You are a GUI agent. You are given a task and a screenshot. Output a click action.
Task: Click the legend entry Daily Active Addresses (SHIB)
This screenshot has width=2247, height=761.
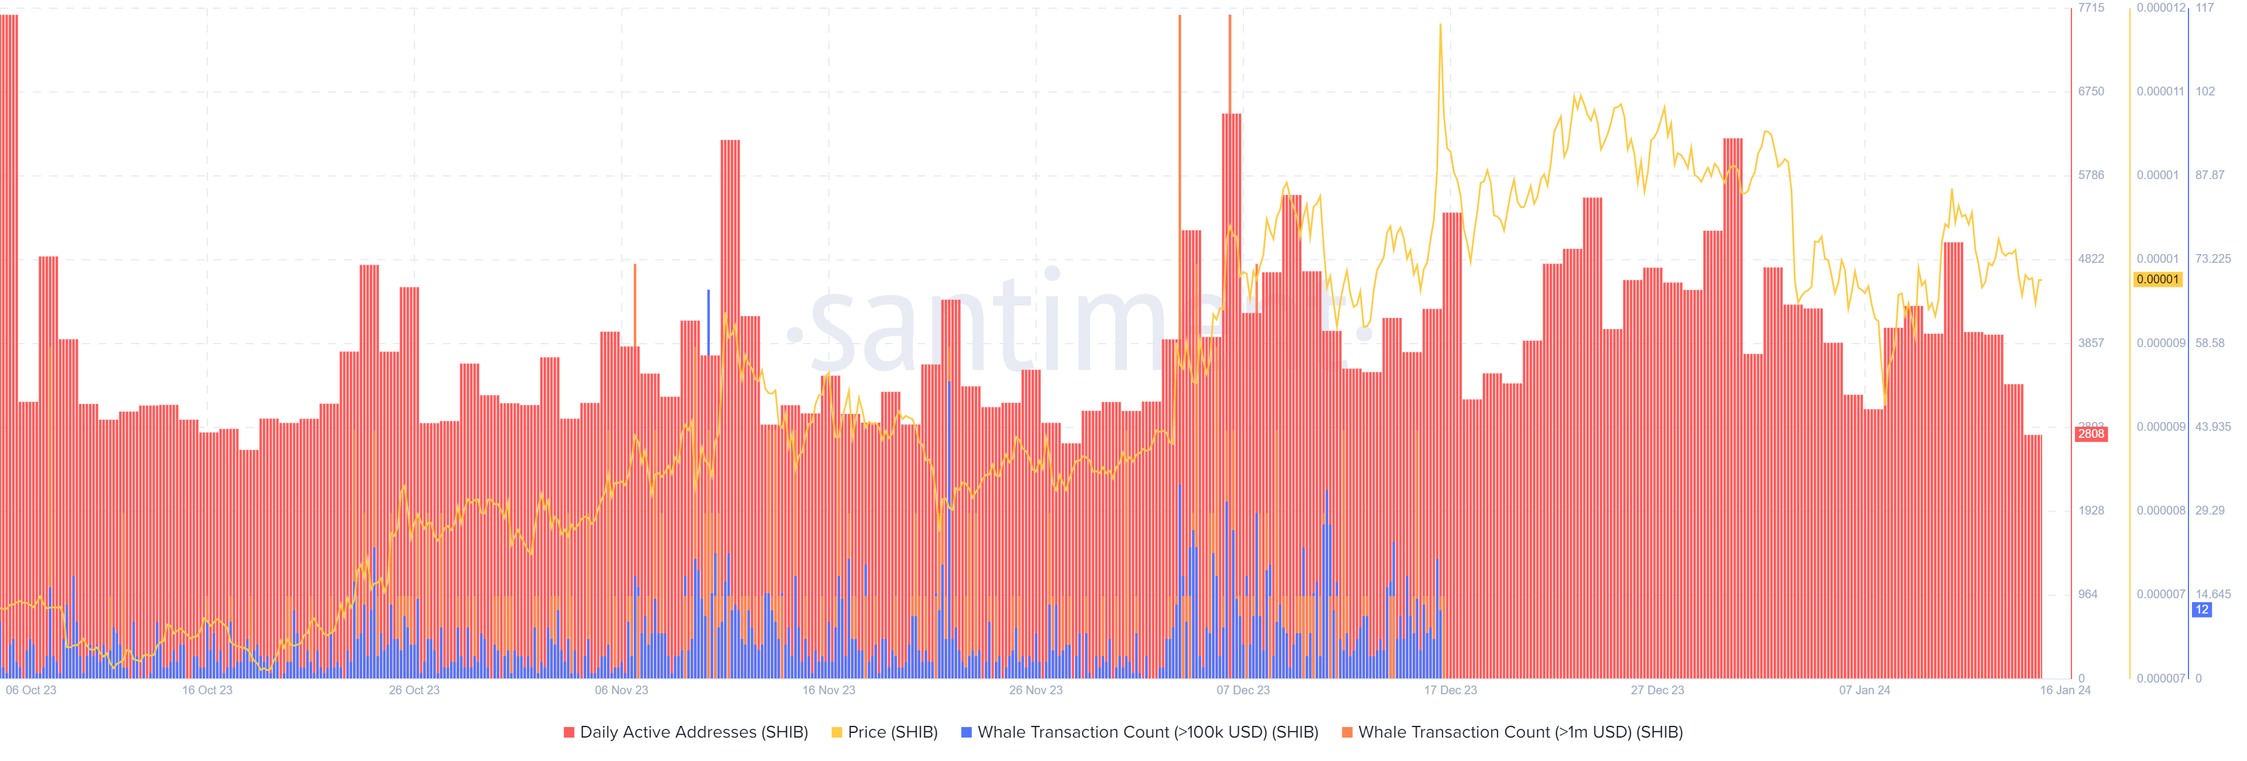pos(686,732)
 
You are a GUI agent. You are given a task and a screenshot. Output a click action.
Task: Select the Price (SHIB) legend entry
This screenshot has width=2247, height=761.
pos(885,732)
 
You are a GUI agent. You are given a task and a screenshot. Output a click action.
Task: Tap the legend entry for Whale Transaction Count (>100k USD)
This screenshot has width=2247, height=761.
pos(1139,732)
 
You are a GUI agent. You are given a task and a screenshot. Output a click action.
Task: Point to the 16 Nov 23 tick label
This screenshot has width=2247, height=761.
pos(829,690)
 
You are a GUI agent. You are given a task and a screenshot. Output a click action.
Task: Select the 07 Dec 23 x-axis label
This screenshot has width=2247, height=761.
pos(1243,690)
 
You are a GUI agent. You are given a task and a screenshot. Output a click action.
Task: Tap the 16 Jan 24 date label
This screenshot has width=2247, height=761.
pos(2064,690)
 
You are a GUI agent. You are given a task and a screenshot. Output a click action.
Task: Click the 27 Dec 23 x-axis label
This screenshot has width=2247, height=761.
pos(1657,690)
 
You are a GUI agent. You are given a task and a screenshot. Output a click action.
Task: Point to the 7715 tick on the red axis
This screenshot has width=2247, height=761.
pos(2091,8)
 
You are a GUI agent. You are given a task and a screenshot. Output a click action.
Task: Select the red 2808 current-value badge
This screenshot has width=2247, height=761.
pos(2091,434)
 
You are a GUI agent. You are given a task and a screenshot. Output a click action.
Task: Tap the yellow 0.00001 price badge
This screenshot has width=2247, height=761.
pos(2157,279)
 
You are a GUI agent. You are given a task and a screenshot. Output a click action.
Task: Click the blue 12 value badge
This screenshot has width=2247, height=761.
pos(2201,610)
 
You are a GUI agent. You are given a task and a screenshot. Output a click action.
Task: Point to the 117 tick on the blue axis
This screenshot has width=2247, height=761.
pos(2204,8)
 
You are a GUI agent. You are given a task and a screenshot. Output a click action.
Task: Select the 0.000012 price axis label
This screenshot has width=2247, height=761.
pos(2160,8)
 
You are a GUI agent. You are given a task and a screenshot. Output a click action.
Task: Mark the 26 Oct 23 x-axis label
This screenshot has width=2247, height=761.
pos(414,690)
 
